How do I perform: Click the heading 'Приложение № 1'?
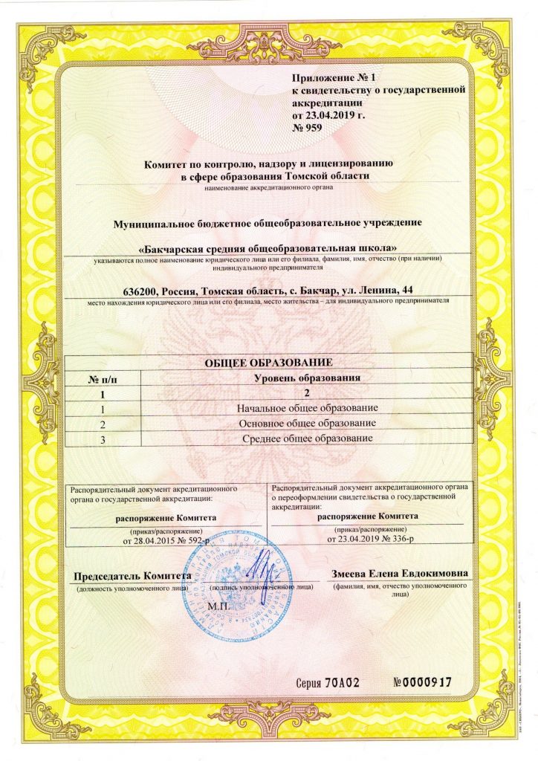pyautogui.click(x=336, y=77)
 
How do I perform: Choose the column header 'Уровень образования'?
pyautogui.click(x=307, y=378)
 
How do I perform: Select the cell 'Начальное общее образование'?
pyautogui.click(x=307, y=409)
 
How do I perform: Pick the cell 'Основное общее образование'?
pyautogui.click(x=307, y=423)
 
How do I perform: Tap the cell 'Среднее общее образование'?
pyautogui.click(x=307, y=438)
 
